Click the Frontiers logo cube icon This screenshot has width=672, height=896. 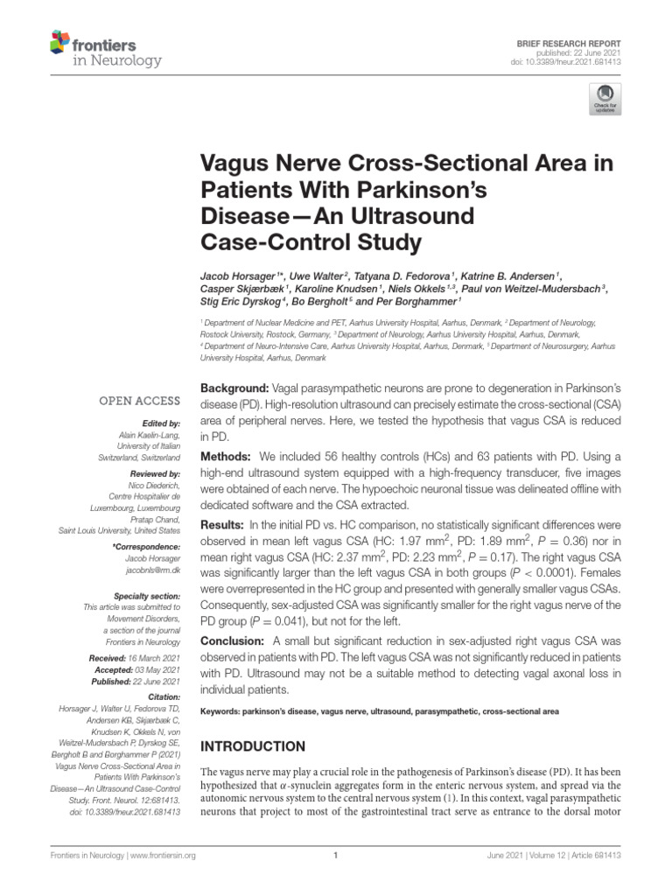(x=59, y=41)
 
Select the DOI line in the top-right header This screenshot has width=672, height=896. (x=565, y=63)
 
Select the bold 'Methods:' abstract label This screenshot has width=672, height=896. (x=226, y=458)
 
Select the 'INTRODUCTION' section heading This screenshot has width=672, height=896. (x=254, y=746)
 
